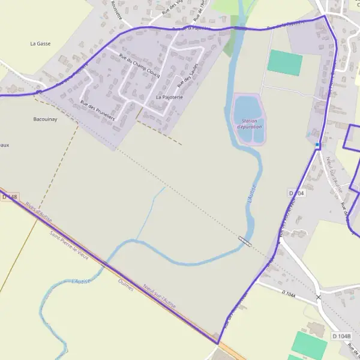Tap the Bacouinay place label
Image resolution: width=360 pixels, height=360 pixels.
point(45,119)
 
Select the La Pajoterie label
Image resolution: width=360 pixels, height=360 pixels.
point(169,97)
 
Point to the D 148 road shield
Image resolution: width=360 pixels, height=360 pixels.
point(10,197)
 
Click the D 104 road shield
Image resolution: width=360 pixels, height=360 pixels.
point(297,193)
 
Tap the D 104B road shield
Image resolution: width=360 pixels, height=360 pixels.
point(341,336)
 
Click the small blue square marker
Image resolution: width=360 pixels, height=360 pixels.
point(317,145)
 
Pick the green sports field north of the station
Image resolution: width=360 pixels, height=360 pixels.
point(284,62)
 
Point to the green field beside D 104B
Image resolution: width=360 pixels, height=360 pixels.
point(310,344)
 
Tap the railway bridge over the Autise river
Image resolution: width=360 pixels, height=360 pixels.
point(245,241)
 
